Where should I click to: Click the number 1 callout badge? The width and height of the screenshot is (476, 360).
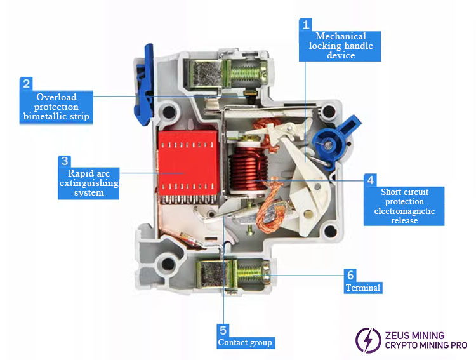click(x=306, y=25)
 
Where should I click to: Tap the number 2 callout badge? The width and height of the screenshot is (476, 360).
click(x=26, y=83)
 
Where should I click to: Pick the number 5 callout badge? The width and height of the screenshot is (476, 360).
click(x=223, y=330)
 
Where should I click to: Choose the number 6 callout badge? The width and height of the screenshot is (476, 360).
click(x=350, y=275)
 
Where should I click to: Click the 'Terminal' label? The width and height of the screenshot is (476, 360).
click(x=363, y=288)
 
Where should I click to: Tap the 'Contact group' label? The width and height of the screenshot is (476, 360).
click(x=245, y=342)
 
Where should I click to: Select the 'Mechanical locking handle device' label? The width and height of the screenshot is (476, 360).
click(x=341, y=46)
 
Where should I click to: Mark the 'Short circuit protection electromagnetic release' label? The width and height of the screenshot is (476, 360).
click(x=404, y=206)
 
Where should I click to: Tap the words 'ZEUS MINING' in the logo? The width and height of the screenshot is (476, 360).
click(x=415, y=335)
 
